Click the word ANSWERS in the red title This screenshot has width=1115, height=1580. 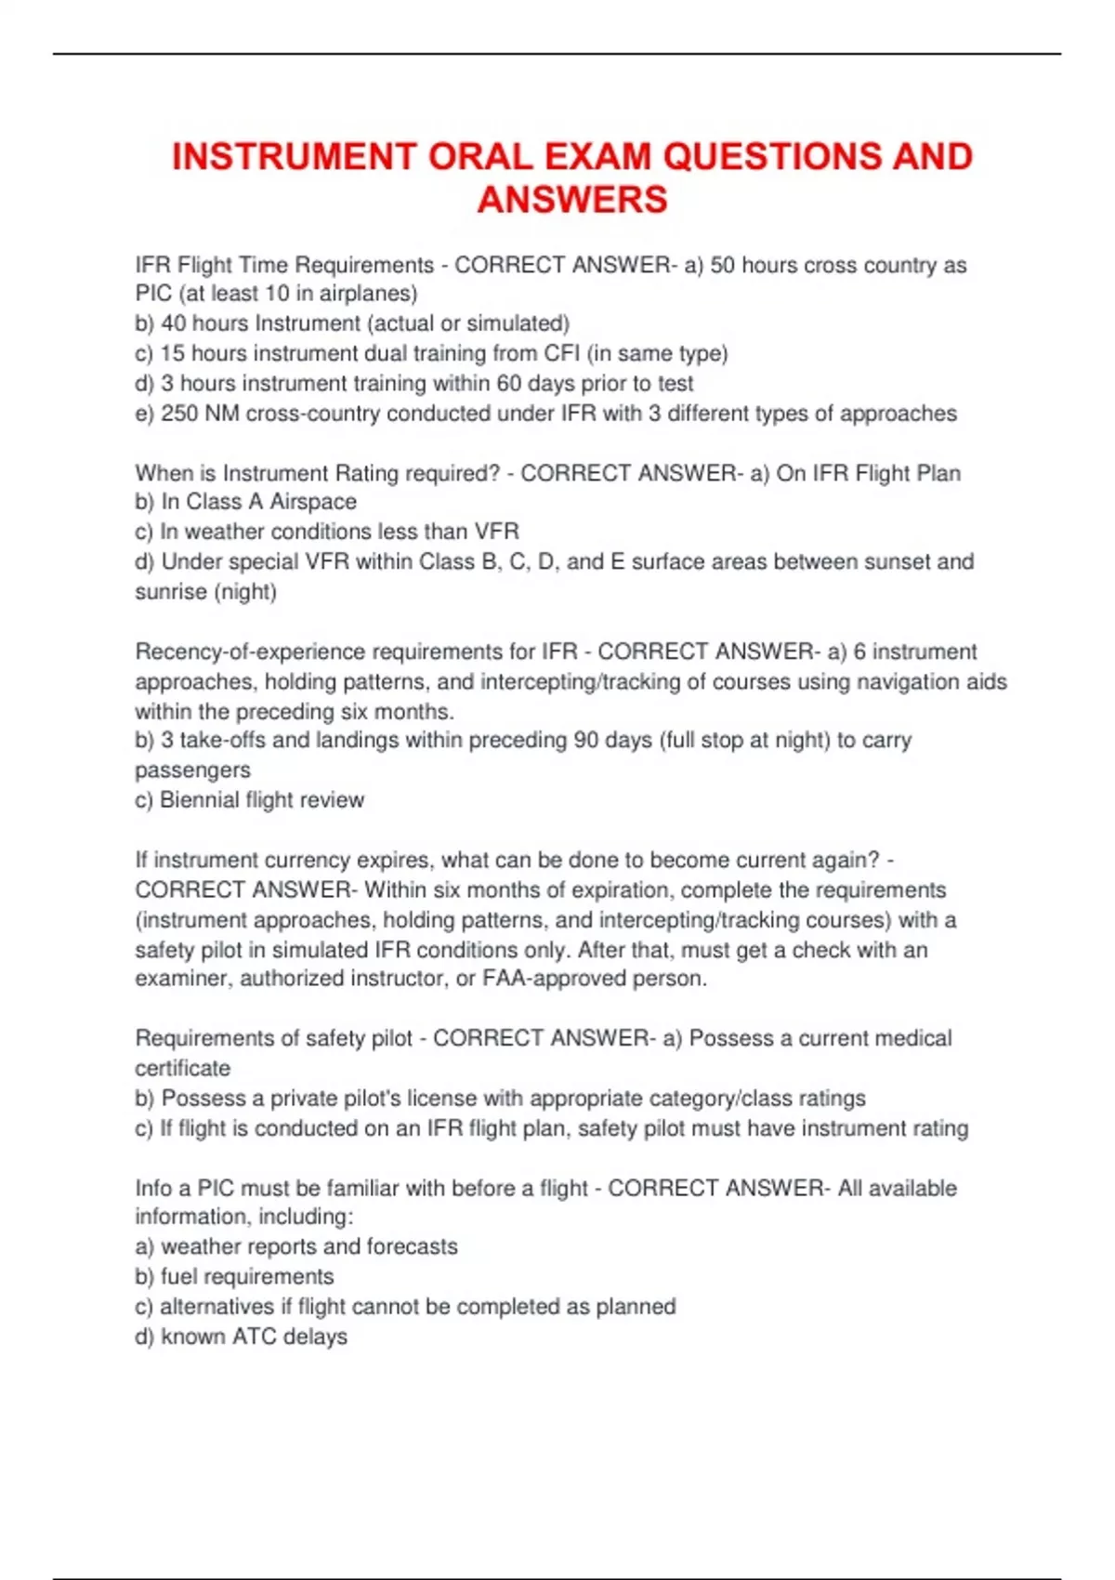572,200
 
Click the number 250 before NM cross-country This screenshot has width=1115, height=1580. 179,414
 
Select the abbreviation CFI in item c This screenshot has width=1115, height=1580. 561,353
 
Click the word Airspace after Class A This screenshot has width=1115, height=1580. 313,502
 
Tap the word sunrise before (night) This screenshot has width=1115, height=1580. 171,592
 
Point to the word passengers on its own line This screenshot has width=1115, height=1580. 192,770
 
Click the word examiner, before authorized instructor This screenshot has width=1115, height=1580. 183,979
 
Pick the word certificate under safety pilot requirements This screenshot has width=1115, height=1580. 182,1069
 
